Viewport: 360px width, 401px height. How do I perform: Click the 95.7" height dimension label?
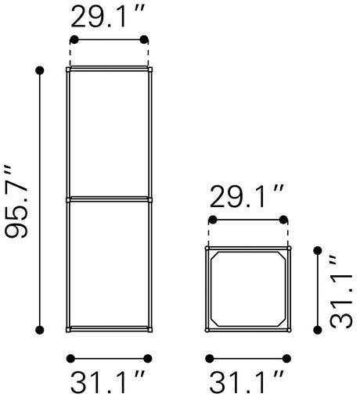click(x=16, y=202)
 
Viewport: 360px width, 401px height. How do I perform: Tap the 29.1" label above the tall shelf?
click(x=108, y=16)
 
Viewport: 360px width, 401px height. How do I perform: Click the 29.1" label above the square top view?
click(x=247, y=196)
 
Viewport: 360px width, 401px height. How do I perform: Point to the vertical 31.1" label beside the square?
click(x=341, y=291)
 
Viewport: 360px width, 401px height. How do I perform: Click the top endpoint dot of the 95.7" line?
click(x=40, y=70)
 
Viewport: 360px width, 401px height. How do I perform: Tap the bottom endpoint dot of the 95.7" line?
click(x=40, y=330)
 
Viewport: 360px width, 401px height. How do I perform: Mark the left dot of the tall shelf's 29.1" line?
click(x=74, y=40)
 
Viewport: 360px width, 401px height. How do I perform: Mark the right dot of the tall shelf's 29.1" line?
click(x=144, y=40)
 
